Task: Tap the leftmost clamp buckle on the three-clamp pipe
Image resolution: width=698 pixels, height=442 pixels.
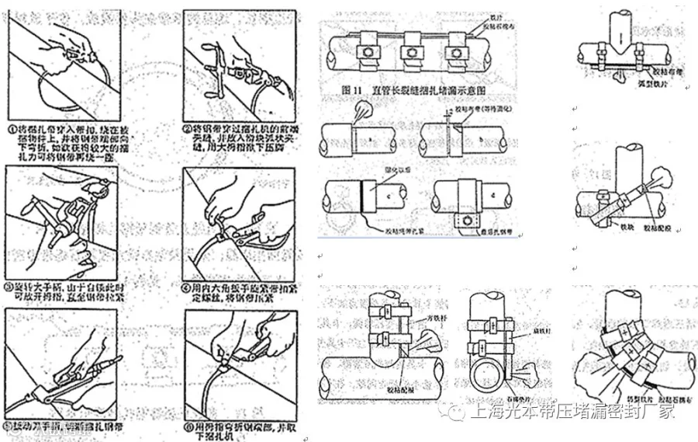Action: point(364,54)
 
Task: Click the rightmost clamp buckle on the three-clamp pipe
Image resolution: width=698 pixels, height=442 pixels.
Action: point(454,54)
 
